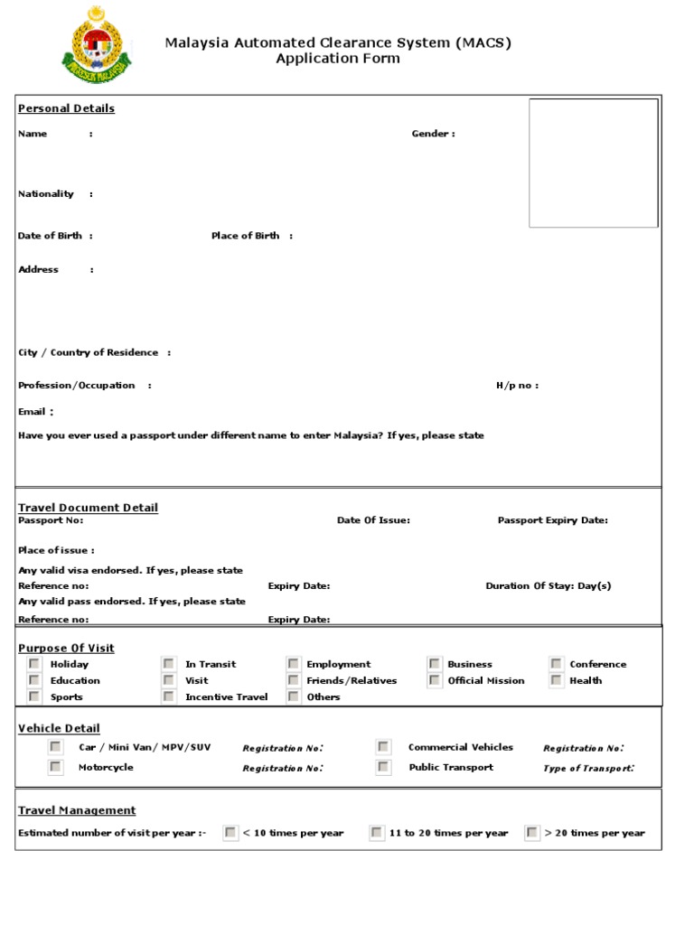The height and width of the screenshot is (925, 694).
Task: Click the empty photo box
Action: pyautogui.click(x=593, y=163)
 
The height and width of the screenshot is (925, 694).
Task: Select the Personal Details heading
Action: pyautogui.click(x=66, y=108)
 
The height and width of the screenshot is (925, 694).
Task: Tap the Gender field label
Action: pyautogui.click(x=433, y=134)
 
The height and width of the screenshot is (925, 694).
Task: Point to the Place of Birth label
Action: pyautogui.click(x=246, y=236)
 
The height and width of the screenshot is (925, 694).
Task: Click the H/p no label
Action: pyautogui.click(x=516, y=386)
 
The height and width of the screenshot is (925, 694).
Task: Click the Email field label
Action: pyautogui.click(x=32, y=412)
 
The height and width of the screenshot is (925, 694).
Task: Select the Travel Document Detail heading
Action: pyautogui.click(x=88, y=508)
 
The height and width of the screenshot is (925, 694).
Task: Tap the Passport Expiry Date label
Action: pyautogui.click(x=552, y=520)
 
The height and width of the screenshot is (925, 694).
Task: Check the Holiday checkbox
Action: pyautogui.click(x=34, y=664)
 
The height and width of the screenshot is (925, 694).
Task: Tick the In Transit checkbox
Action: pyautogui.click(x=169, y=664)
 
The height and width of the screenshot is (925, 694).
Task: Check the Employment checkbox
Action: pyautogui.click(x=293, y=664)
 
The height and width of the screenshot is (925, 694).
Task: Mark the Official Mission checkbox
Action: pyautogui.click(x=435, y=680)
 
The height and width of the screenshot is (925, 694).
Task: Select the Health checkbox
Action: pyautogui.click(x=556, y=680)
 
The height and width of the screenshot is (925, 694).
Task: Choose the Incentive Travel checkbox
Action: pyautogui.click(x=169, y=696)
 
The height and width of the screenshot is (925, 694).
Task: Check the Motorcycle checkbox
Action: pyautogui.click(x=56, y=767)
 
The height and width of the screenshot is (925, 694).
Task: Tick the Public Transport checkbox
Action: pyautogui.click(x=384, y=767)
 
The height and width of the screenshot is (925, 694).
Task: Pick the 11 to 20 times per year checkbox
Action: pyautogui.click(x=376, y=833)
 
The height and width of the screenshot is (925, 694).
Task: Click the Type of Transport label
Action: pyautogui.click(x=588, y=768)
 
